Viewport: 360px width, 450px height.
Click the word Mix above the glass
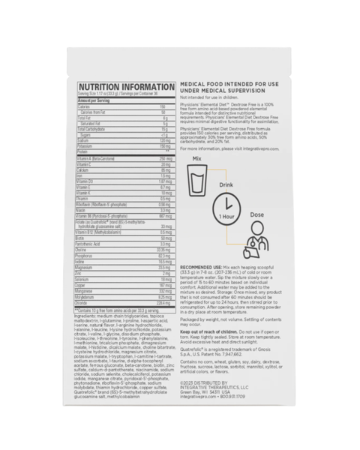click(197, 157)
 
